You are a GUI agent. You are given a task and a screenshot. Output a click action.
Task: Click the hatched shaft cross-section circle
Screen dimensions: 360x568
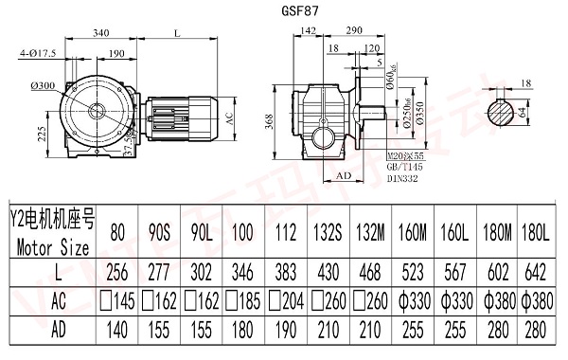(506, 112)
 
